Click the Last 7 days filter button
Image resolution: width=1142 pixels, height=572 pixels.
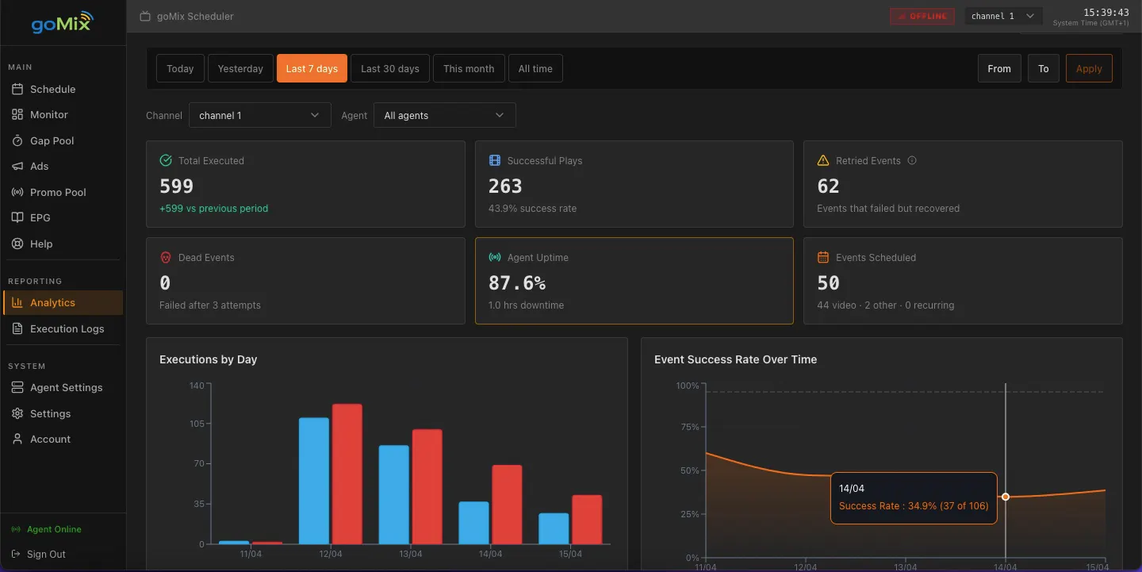click(312, 68)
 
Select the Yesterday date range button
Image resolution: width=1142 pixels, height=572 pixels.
click(240, 68)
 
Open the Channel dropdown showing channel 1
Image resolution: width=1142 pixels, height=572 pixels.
click(259, 115)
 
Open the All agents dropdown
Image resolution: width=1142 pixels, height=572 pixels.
click(444, 115)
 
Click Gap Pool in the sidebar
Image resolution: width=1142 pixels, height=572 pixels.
click(52, 140)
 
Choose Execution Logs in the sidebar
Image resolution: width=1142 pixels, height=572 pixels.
click(67, 328)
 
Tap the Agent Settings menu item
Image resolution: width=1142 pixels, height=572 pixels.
click(66, 387)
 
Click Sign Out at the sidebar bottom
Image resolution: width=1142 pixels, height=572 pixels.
click(46, 555)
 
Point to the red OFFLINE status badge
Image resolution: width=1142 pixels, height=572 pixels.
click(922, 17)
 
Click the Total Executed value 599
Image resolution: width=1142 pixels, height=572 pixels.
click(176, 186)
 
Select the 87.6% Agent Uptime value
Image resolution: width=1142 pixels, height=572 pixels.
click(517, 283)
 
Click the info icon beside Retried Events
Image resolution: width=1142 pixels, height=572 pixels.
click(911, 160)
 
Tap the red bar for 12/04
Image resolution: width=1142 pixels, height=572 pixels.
click(347, 474)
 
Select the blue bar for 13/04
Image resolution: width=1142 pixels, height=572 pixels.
click(393, 495)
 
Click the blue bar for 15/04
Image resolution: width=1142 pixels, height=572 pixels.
click(554, 528)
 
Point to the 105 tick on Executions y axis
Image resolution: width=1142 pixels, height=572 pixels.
click(197, 424)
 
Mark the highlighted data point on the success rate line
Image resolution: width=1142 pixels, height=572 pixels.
click(1006, 497)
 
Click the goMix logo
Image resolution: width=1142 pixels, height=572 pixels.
click(62, 22)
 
